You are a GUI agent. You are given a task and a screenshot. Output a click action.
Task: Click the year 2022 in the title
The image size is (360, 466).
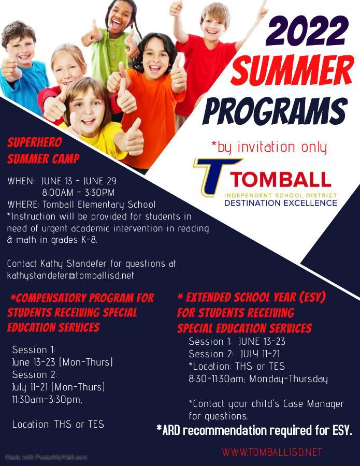click(x=307, y=31)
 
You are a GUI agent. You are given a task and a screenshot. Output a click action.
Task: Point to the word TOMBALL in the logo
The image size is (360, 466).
click(x=280, y=180)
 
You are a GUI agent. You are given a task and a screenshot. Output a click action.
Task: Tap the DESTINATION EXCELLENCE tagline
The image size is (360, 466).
click(x=281, y=203)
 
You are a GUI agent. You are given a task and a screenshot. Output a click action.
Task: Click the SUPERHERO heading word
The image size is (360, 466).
click(x=35, y=142)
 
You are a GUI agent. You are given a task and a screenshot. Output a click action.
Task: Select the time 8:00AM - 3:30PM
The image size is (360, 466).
click(x=78, y=193)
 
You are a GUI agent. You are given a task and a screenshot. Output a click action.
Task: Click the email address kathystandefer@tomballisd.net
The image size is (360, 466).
click(x=70, y=275)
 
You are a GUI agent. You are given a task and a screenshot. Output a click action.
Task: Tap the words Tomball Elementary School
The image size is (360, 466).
click(x=99, y=205)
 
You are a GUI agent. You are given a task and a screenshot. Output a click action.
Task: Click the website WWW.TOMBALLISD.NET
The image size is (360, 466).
click(x=272, y=453)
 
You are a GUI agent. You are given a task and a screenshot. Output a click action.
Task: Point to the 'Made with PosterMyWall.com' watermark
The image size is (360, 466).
click(x=46, y=457)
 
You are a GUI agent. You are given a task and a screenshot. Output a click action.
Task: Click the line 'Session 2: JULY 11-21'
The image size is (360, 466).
click(x=234, y=354)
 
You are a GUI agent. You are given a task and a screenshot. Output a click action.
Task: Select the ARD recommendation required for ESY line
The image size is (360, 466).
click(x=254, y=430)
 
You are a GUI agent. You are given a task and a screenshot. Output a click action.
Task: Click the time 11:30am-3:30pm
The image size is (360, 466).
click(x=47, y=399)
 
